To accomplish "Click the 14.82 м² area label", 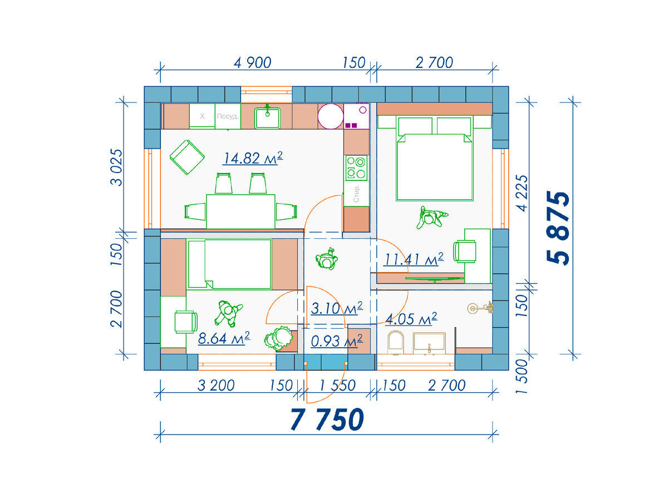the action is tap(253, 158).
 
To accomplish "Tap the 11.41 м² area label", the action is tap(413, 259).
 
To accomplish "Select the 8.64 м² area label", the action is tap(224, 338).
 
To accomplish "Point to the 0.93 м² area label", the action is tap(337, 341).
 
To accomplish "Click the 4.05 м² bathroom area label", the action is tap(411, 319).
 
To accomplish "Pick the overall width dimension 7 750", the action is tap(327, 420).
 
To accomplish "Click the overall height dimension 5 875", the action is tap(558, 228).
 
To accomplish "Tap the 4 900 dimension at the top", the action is tap(252, 63).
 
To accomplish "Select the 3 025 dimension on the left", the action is tap(116, 167).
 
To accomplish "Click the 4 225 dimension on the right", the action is tap(522, 193).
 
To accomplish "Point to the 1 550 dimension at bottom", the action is tap(337, 386).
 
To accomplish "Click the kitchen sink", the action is tap(267, 118).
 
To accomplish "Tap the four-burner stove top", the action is tap(356, 167).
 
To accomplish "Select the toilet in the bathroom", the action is tap(395, 342).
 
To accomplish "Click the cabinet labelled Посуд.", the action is tap(228, 116).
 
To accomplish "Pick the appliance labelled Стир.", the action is tap(356, 194).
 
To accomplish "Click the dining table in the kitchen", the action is tap(240, 211).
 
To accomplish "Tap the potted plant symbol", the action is tap(278, 338).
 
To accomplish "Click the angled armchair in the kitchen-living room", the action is tap(187, 157).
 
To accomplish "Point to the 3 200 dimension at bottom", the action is tap(216, 386).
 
